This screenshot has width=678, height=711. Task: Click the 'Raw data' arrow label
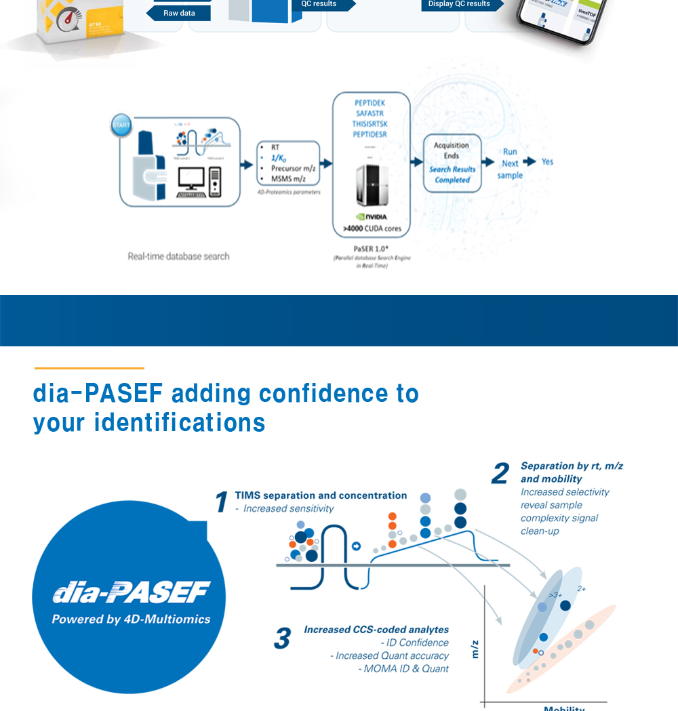coord(179,13)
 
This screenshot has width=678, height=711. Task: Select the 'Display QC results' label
coord(459,4)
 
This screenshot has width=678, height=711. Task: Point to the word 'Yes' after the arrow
coord(548,162)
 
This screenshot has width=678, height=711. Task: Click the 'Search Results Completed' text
coord(452,175)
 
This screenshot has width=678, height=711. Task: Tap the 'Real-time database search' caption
coord(178,256)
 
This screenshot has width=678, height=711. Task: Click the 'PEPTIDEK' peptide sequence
coord(370,103)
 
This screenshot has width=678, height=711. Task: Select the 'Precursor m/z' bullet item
coord(293,168)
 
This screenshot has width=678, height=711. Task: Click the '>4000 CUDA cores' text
coord(372,228)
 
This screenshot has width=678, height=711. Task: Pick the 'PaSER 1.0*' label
coord(371,248)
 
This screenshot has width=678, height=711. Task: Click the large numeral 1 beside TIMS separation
coord(221,502)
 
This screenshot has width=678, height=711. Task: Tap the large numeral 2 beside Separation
coord(500,474)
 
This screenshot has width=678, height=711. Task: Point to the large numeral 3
coord(282,638)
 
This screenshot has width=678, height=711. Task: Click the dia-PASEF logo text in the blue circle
coord(132,593)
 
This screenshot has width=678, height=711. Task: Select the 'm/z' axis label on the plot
coord(475,650)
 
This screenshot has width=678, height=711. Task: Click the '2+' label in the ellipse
coord(581,589)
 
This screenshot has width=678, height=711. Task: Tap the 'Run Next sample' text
coord(510,163)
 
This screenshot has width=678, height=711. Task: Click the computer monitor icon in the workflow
coord(191,178)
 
